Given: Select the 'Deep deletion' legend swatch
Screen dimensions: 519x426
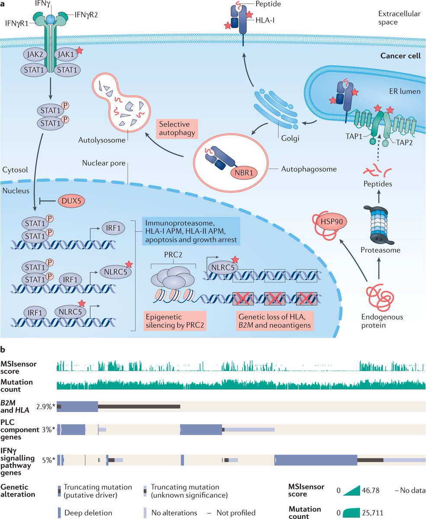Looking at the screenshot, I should point(59,513).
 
